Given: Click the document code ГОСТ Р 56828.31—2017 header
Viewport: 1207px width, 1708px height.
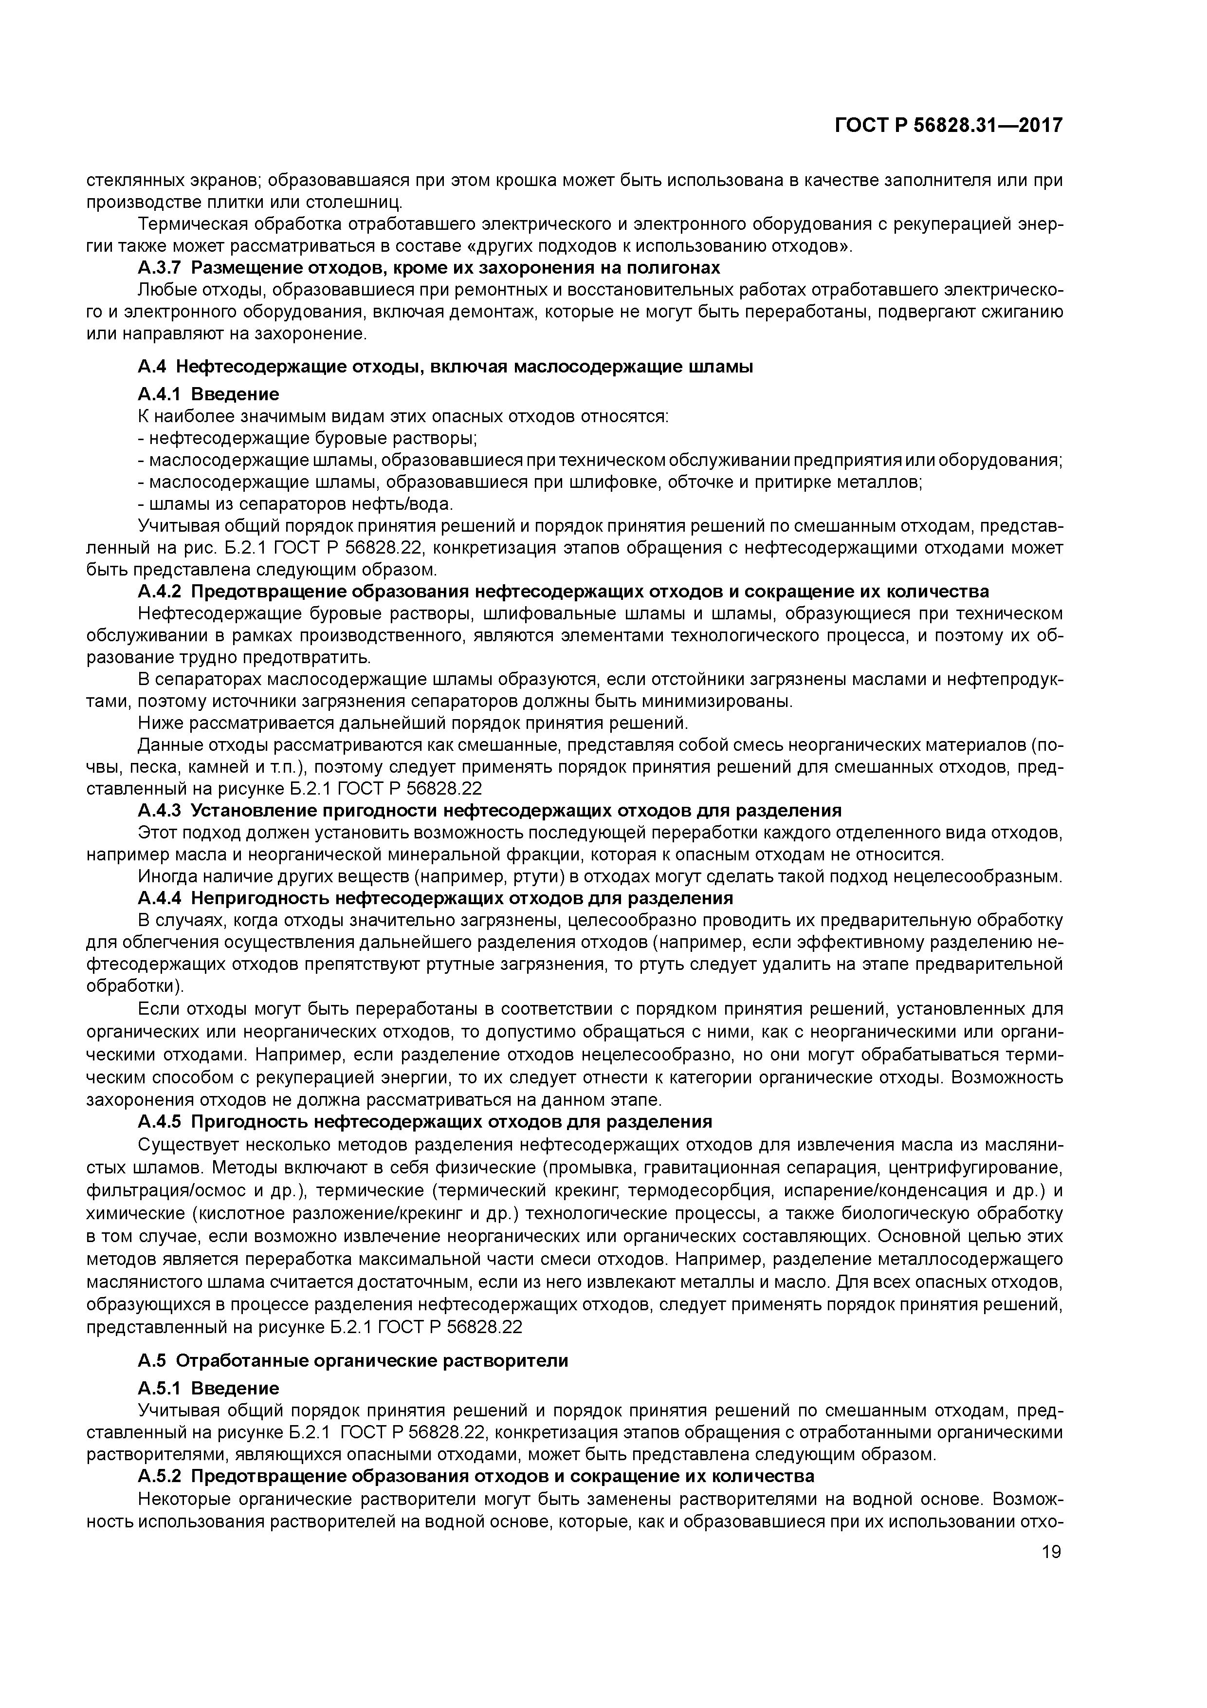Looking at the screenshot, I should (948, 126).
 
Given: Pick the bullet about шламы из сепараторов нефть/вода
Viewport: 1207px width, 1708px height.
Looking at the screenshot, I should (295, 504).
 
